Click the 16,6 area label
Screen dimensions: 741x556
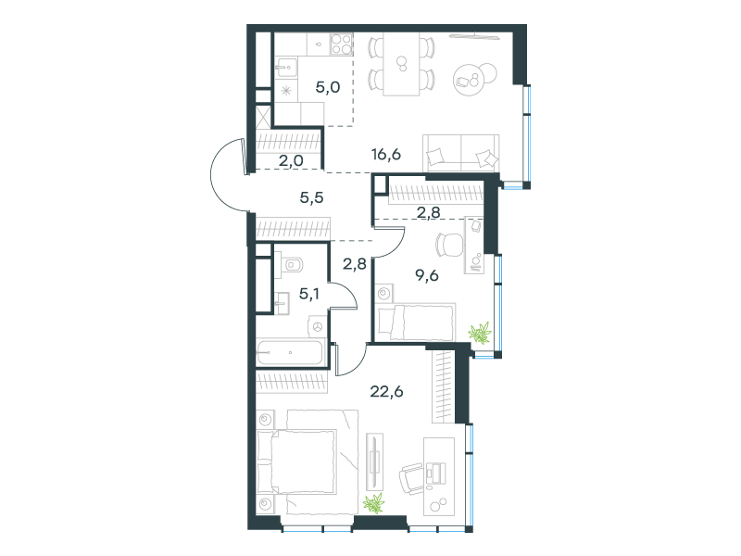tap(386, 154)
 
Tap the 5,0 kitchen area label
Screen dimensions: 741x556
tap(328, 87)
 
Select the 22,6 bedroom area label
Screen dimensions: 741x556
tap(386, 391)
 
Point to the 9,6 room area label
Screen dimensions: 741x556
tap(427, 274)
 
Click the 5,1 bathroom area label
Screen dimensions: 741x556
tap(309, 294)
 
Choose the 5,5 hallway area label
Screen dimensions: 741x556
tap(311, 197)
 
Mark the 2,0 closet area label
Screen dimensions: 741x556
tap(291, 160)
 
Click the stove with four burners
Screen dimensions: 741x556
tap(341, 44)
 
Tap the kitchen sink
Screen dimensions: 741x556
tap(286, 68)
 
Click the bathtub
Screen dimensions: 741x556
tap(290, 352)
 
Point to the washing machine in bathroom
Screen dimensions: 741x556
tap(317, 326)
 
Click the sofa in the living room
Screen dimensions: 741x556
tap(460, 153)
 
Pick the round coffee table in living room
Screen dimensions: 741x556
tap(474, 79)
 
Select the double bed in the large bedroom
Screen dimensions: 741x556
tap(308, 461)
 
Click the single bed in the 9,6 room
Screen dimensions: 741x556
tap(416, 322)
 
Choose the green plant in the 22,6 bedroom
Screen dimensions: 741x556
tap(374, 503)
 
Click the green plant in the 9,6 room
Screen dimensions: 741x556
tap(480, 333)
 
